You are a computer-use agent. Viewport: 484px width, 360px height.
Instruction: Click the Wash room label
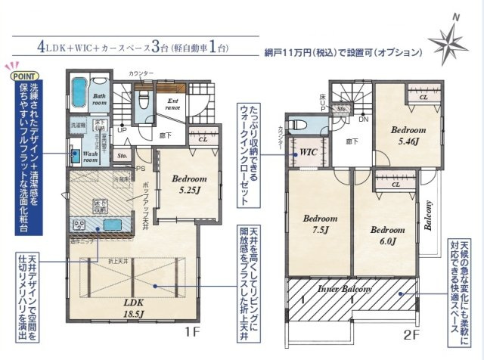point(92,157)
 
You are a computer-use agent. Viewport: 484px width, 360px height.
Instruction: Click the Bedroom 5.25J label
point(185,185)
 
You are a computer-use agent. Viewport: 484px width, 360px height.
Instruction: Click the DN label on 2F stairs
point(363,119)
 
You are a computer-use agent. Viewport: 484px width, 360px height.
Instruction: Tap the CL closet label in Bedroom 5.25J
point(203,139)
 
